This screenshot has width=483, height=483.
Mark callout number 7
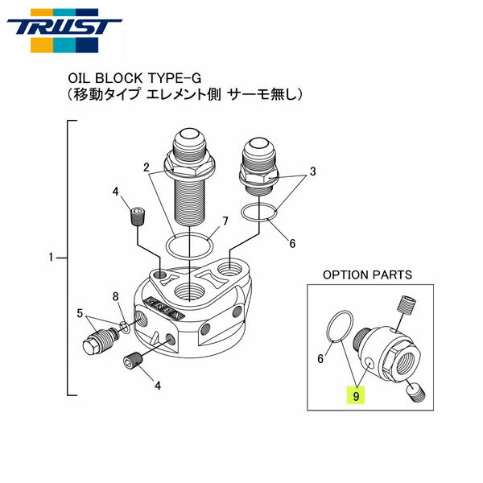tap(225, 220)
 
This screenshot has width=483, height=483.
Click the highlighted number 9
tap(355, 395)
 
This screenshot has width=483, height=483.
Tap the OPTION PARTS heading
tap(367, 275)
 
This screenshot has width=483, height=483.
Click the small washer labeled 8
tap(125, 325)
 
